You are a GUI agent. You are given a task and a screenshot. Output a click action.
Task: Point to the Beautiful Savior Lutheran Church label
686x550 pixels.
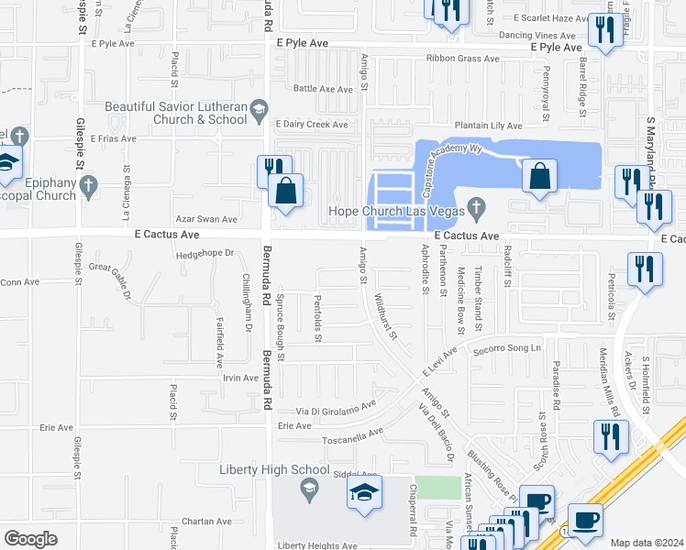click(176, 113)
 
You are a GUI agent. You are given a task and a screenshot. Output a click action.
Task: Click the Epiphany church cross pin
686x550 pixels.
click(88, 186)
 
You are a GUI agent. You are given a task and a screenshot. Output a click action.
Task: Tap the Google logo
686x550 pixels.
click(30, 539)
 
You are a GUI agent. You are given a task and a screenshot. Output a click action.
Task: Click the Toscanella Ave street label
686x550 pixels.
click(349, 434)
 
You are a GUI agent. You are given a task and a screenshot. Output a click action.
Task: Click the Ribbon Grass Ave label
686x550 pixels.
click(462, 59)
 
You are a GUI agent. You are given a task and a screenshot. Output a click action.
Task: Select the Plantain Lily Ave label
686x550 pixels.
click(489, 126)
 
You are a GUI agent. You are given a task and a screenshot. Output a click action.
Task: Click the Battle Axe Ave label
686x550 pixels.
click(323, 89)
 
